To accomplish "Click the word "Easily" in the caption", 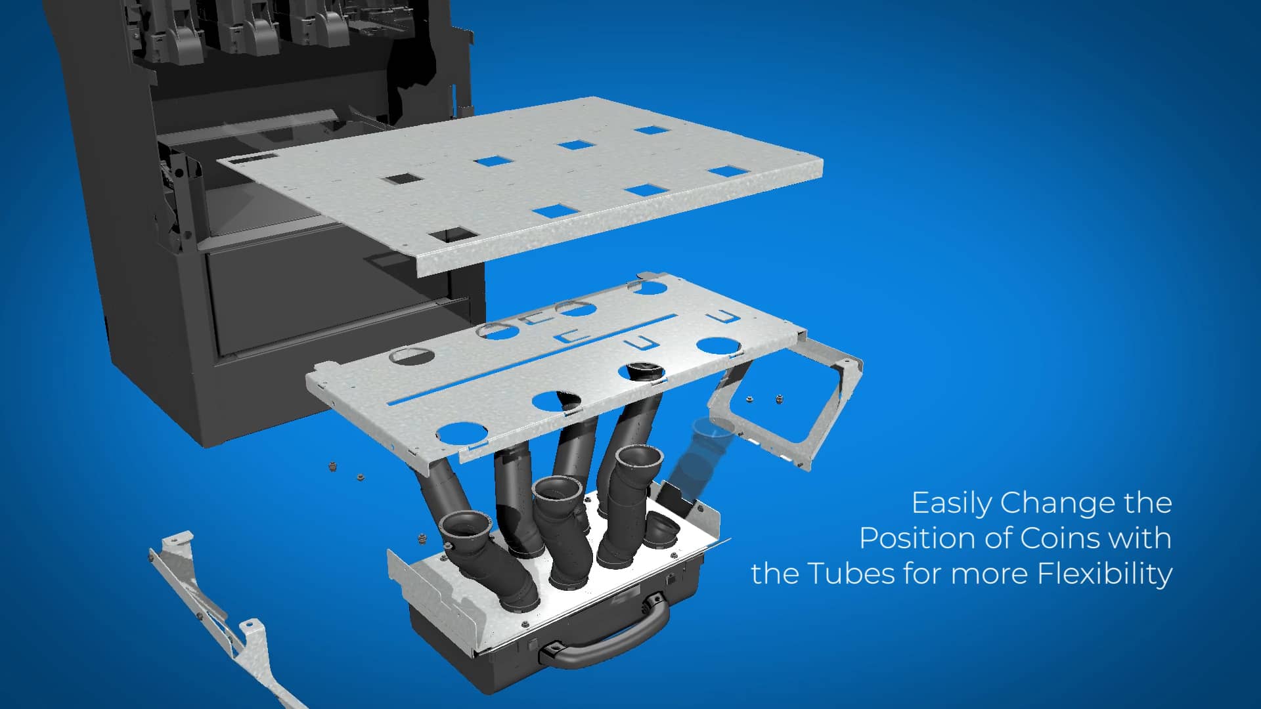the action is [x=952, y=504].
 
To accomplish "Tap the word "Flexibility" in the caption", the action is [x=1105, y=573].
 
